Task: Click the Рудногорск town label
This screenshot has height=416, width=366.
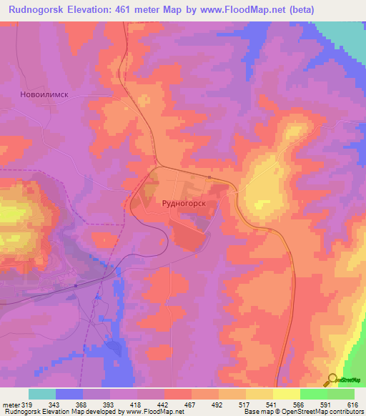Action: [x=185, y=204]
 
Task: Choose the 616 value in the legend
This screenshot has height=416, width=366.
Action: [x=350, y=404]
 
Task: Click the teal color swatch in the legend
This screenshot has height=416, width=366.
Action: [x=42, y=394]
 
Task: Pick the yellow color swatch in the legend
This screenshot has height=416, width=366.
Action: [x=286, y=394]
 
